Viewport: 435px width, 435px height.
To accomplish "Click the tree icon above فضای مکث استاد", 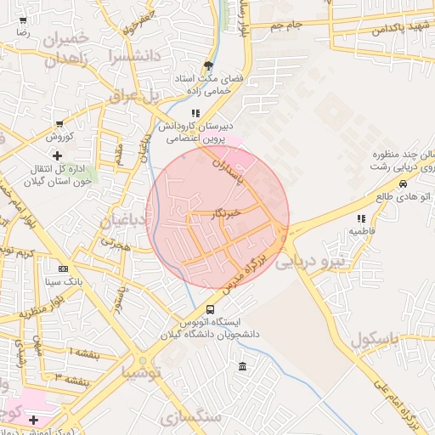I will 208,65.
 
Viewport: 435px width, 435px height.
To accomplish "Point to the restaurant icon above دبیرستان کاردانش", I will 195,112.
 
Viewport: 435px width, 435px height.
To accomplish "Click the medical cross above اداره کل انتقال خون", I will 57,155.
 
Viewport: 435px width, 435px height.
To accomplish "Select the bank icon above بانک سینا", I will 62,268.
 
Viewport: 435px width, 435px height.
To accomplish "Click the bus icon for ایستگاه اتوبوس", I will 210,308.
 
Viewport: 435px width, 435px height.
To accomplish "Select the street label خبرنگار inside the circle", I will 225,212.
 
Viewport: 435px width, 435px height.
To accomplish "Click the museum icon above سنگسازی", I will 243,367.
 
